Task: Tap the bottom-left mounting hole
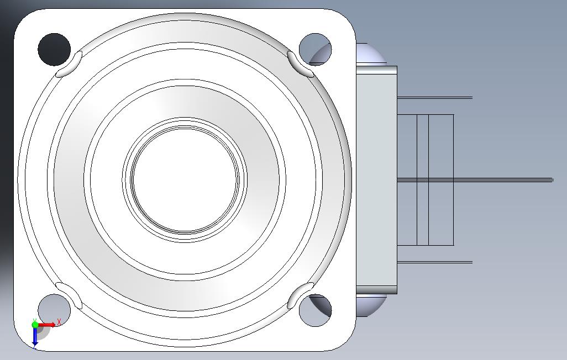point(54,310)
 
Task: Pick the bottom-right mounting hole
point(314,310)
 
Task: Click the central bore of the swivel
point(185,180)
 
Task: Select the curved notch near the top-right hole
point(300,64)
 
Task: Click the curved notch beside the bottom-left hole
point(70,295)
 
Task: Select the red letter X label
point(59,321)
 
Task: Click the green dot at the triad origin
point(35,324)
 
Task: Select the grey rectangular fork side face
point(376,180)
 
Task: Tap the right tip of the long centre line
point(552,179)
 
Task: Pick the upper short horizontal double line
point(434,98)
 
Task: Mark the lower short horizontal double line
point(434,262)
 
